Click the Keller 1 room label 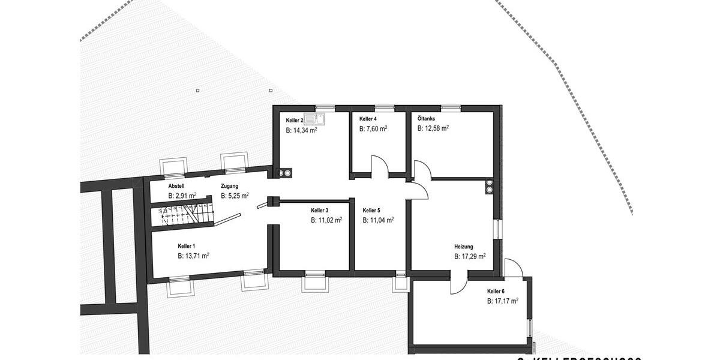187,246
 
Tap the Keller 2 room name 295,121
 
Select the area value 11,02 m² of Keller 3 326,220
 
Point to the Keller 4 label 368,119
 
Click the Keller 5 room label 371,211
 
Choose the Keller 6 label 496,291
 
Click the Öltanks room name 427,118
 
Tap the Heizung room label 464,246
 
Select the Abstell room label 177,187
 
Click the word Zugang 230,186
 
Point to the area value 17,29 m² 470,256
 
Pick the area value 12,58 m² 433,128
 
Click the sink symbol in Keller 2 315,119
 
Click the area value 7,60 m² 373,128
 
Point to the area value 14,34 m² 301,130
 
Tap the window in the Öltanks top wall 451,108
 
